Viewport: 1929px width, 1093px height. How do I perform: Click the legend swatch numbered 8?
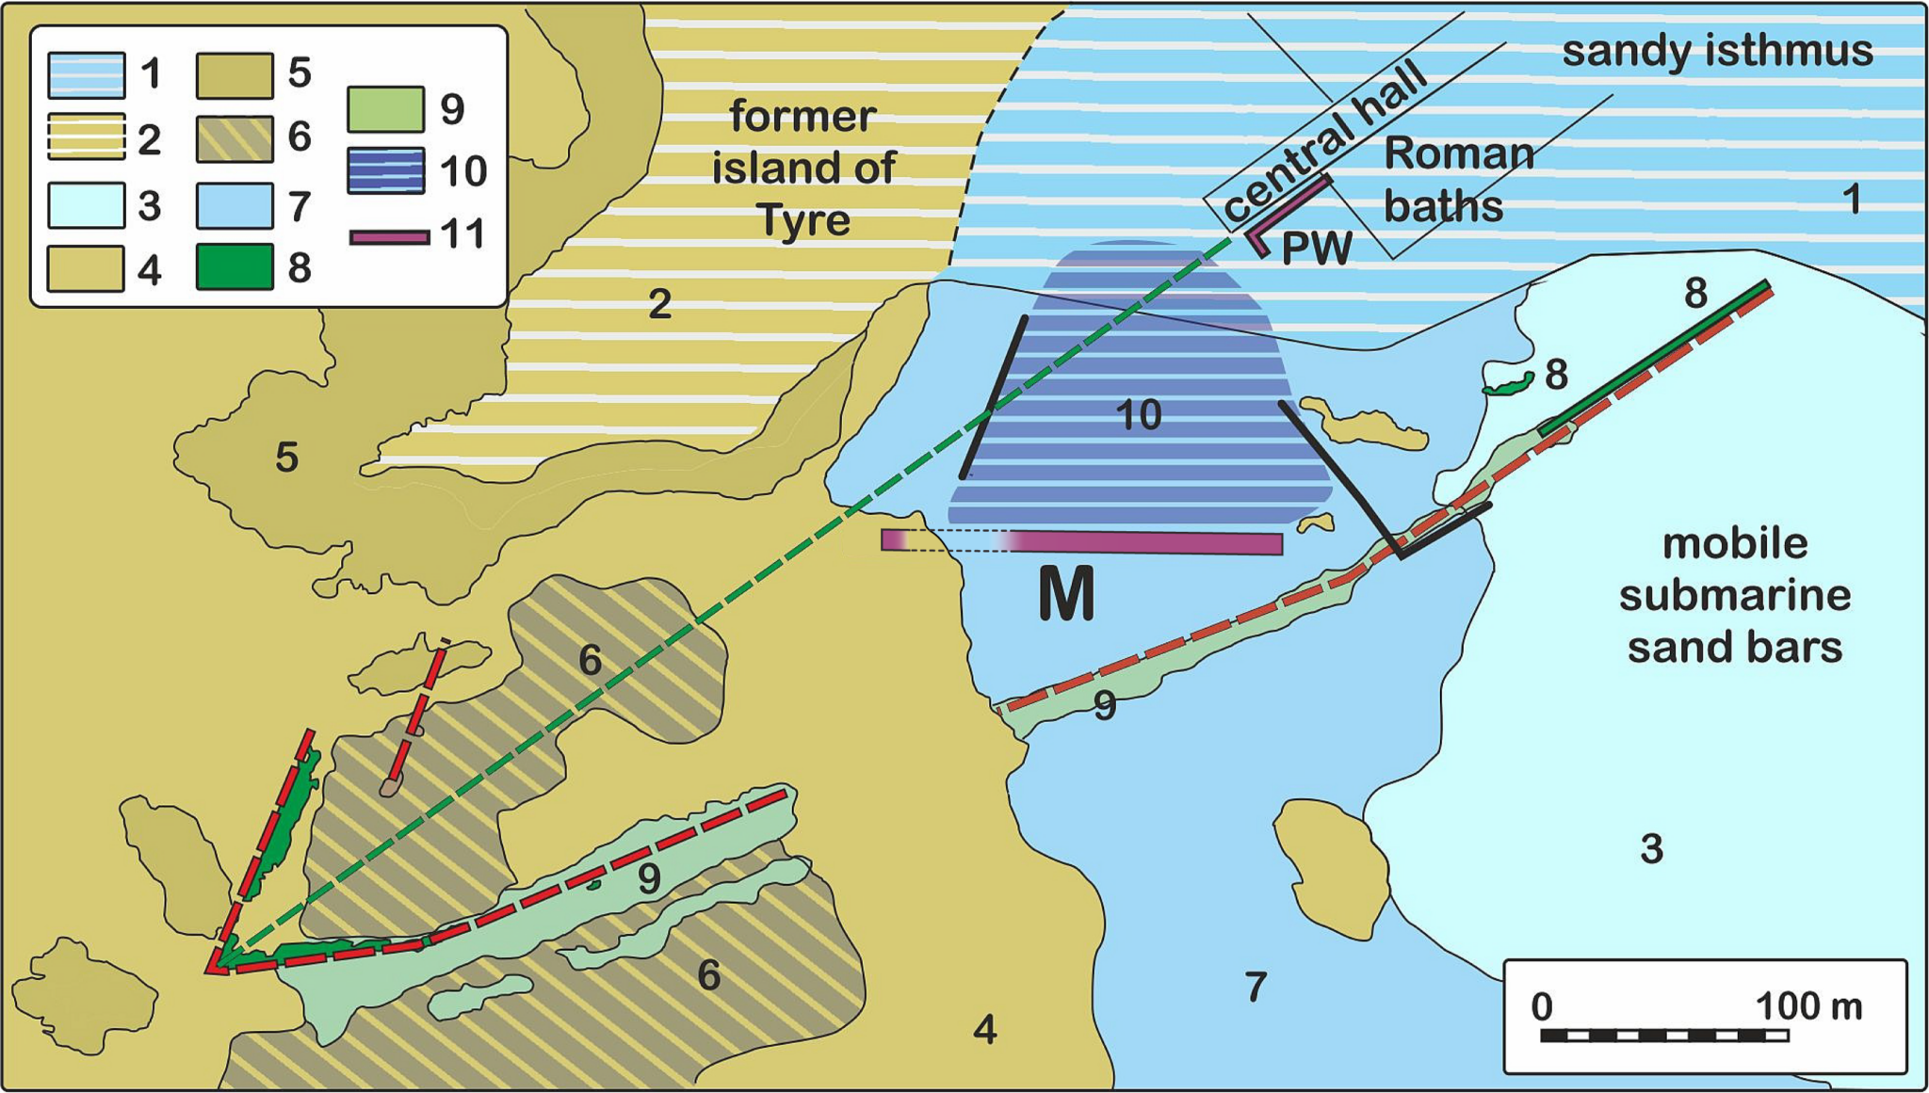click(235, 266)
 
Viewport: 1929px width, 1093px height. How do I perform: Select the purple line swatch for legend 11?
click(390, 237)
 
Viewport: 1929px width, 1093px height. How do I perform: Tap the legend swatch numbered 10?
click(385, 171)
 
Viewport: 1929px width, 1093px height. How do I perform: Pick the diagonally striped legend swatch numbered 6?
click(235, 138)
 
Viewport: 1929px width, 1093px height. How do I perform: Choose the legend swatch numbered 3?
click(86, 205)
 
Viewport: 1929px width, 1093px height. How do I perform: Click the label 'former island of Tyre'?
click(803, 169)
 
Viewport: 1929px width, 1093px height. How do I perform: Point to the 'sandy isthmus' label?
click(1717, 52)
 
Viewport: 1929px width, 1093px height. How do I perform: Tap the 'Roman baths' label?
click(1458, 180)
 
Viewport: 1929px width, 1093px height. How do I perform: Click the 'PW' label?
click(1317, 249)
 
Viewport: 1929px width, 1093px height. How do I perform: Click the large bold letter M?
click(1066, 594)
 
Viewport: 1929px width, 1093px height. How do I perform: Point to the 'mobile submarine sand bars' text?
click(1734, 596)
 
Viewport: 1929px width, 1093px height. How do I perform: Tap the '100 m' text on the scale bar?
click(1808, 1006)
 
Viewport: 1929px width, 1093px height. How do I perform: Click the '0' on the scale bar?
click(1542, 1006)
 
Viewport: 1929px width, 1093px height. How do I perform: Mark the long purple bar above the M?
click(1082, 542)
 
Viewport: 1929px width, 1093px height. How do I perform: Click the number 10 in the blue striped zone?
click(1138, 415)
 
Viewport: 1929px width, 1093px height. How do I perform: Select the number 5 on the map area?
click(287, 458)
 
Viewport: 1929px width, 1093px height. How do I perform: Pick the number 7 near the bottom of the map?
click(1256, 988)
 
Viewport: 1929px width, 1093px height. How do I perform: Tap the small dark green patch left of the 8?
click(1507, 384)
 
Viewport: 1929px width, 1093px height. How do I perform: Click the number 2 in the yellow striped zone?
click(659, 303)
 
